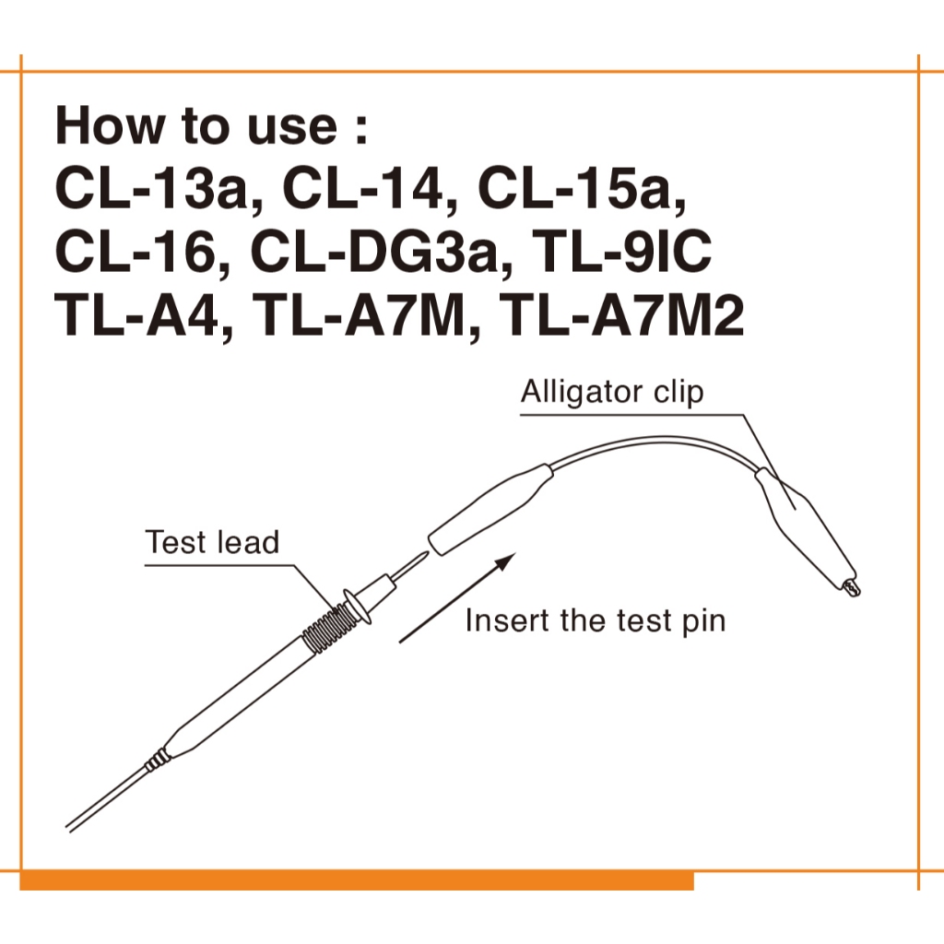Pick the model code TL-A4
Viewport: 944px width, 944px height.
[x=136, y=314]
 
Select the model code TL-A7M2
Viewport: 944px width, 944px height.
[x=622, y=314]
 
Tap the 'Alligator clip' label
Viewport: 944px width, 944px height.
[x=612, y=392]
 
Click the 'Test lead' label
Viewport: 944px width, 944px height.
[x=213, y=542]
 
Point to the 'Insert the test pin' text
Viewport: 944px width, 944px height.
[x=596, y=620]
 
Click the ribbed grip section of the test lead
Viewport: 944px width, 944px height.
[x=327, y=630]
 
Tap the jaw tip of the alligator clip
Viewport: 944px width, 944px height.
[x=854, y=587]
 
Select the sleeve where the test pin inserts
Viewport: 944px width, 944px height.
[x=490, y=509]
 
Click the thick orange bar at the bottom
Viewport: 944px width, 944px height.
[x=357, y=880]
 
